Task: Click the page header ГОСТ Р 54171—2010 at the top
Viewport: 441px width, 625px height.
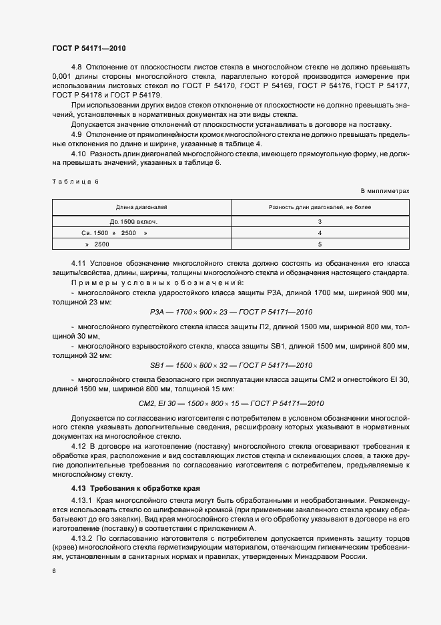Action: click(x=89, y=48)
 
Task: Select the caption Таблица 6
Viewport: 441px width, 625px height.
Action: click(x=75, y=182)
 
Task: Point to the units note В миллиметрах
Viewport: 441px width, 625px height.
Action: click(x=385, y=191)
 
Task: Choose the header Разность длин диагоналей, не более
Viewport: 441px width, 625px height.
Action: click(x=320, y=208)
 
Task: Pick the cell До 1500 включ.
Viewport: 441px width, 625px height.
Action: click(x=133, y=221)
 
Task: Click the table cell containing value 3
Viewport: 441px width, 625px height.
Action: click(x=320, y=221)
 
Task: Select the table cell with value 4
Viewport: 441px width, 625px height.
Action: click(x=320, y=233)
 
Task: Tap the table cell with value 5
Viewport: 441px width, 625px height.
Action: click(x=320, y=245)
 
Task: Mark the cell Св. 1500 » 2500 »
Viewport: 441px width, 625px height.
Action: click(x=114, y=233)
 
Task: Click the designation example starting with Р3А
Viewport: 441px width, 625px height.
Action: click(x=231, y=312)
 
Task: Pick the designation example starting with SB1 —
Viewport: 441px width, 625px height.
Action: click(x=231, y=365)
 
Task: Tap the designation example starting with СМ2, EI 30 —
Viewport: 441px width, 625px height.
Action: click(x=231, y=403)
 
